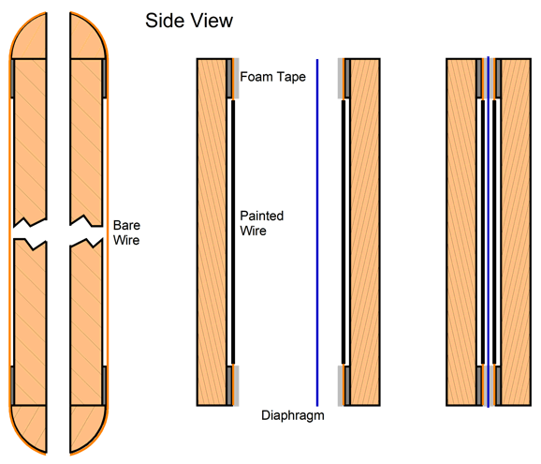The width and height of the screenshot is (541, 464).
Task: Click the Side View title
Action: tap(189, 21)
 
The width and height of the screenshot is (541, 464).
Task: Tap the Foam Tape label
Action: tap(272, 77)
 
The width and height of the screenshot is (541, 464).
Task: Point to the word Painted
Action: tap(262, 216)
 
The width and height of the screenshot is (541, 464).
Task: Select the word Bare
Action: tap(126, 225)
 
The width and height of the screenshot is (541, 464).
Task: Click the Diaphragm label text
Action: tap(293, 415)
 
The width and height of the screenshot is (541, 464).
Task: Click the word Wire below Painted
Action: tap(254, 231)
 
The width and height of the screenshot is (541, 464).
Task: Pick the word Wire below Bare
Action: tap(126, 240)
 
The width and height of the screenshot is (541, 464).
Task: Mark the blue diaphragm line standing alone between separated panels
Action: tap(317, 232)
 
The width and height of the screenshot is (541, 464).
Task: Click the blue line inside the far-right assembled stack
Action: tap(489, 232)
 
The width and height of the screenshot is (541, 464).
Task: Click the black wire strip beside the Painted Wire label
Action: tap(233, 232)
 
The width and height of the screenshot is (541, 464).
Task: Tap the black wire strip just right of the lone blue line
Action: tap(344, 232)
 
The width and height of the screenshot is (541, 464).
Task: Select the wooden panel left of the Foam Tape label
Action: tap(212, 232)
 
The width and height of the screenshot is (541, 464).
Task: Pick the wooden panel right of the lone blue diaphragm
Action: tap(365, 232)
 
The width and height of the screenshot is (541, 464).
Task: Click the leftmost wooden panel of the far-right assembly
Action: tap(461, 232)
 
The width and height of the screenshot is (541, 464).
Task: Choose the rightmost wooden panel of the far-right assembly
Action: tap(516, 232)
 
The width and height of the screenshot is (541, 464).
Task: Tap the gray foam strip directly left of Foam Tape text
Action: tap(237, 79)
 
